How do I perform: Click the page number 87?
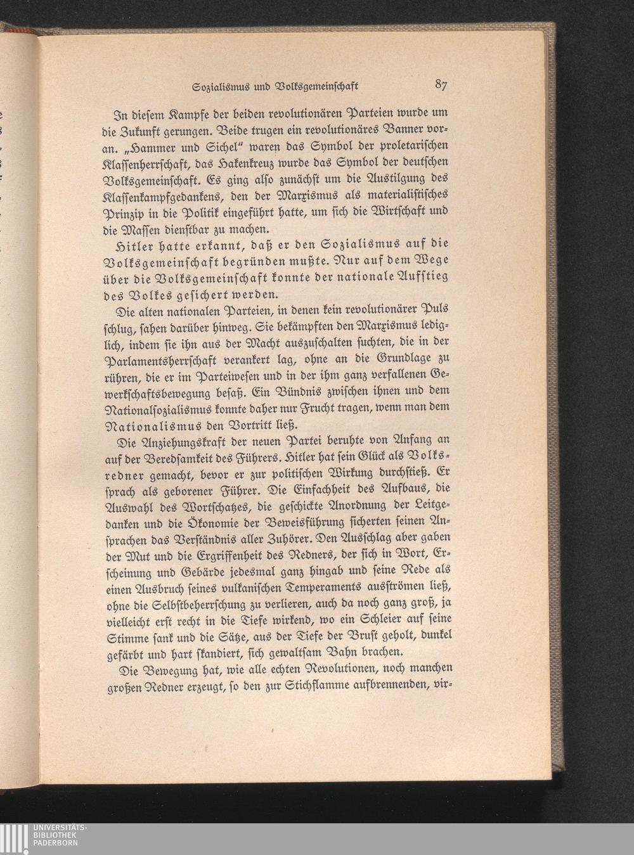pos(443,85)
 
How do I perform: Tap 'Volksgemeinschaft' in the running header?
pos(316,87)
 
